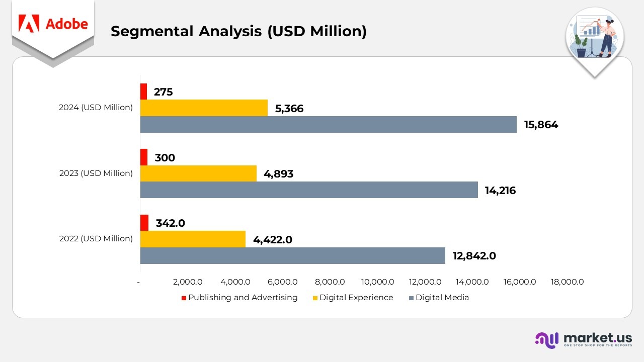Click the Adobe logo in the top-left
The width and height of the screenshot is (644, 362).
coord(53,24)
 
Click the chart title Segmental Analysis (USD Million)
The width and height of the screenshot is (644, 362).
coord(238,31)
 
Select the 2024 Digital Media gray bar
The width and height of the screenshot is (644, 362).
coord(328,125)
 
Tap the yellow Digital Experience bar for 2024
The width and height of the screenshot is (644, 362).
coord(204,108)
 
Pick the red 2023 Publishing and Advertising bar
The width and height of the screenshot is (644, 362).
coord(144,157)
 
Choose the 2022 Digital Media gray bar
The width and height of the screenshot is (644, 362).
coord(292,255)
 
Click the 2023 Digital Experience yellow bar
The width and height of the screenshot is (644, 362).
coord(198,173)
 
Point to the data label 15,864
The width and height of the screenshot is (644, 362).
coord(541,125)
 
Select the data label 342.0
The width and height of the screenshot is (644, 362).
coord(171,223)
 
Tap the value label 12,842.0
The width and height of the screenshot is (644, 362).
coord(474,256)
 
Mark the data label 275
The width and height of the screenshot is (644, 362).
coord(163,92)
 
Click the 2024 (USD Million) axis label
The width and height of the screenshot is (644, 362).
coord(96,108)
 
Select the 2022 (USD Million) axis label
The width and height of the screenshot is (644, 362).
coord(96,239)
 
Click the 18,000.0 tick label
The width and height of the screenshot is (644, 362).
coord(567,282)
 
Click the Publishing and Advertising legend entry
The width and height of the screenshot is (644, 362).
coord(239,298)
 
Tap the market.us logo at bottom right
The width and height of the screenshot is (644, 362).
coord(583,339)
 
